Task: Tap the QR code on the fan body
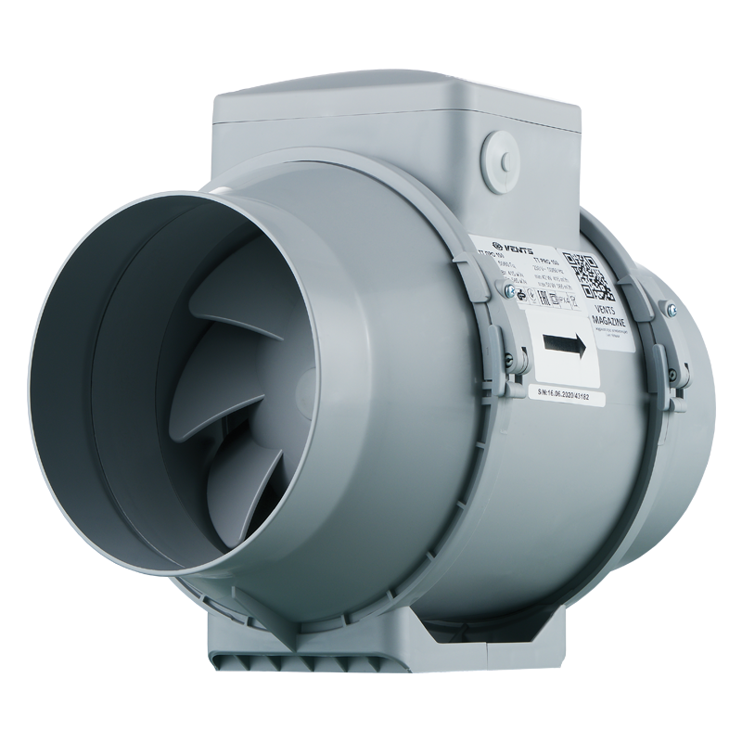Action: tap(586, 275)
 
